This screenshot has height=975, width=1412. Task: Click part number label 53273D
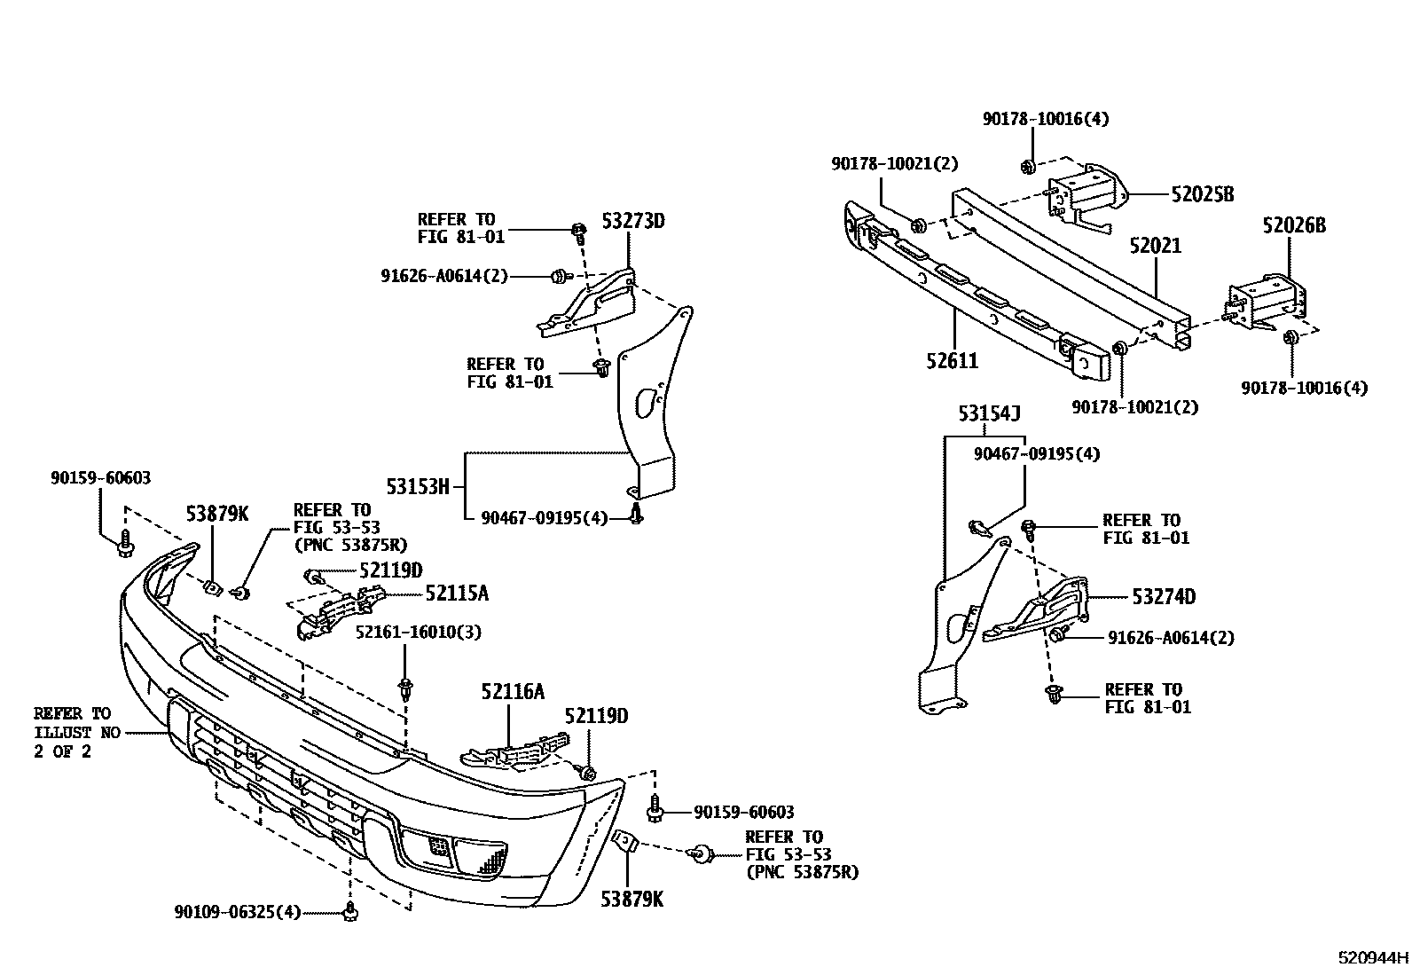click(x=632, y=220)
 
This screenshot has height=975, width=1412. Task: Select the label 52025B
click(x=1202, y=193)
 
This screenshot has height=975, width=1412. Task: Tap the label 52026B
click(x=1294, y=226)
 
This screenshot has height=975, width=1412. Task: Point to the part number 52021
click(x=1155, y=245)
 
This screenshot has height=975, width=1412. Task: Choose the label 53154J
click(x=989, y=413)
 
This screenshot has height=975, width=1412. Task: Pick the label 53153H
click(x=418, y=485)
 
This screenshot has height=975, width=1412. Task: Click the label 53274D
click(x=1164, y=597)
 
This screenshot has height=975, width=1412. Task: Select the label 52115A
click(x=456, y=593)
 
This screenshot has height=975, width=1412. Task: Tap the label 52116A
click(x=513, y=691)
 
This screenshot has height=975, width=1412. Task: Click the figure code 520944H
click(x=1372, y=958)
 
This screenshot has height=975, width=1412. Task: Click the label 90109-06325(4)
click(x=238, y=911)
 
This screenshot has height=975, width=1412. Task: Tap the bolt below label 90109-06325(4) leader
click(x=349, y=910)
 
